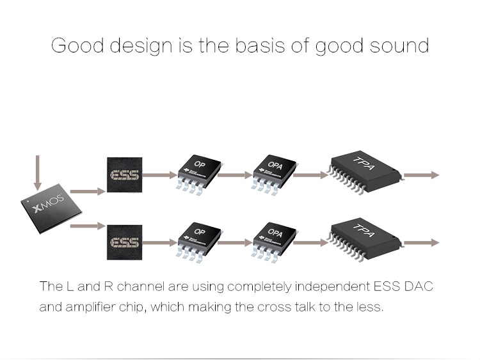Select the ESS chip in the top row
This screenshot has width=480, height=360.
[125, 175]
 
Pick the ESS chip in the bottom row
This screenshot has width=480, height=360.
[125, 243]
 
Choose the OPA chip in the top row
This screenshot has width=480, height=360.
[275, 171]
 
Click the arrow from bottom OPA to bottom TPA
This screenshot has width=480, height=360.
[312, 242]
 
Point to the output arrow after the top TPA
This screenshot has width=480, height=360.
[422, 175]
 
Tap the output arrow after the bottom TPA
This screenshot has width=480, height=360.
[422, 242]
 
